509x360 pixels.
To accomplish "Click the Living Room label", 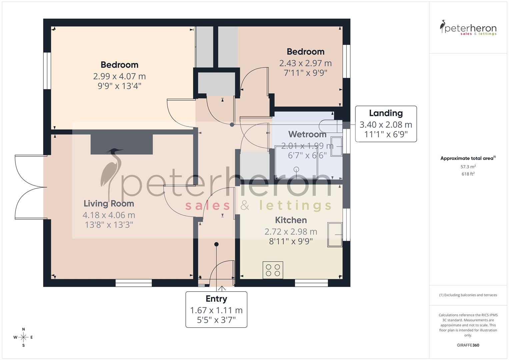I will coord(109,204).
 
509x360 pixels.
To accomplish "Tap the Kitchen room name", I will coord(291,220).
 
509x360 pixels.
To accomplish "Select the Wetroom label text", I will coord(307,134).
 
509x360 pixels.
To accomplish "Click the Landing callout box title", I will coord(386,113).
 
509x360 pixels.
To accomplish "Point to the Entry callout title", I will coord(216,299).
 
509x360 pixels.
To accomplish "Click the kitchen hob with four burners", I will coord(273,270).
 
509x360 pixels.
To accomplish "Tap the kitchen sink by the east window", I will coord(335,235).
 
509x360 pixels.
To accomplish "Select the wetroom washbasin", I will coord(336,146).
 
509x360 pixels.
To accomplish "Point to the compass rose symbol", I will coord(23,337).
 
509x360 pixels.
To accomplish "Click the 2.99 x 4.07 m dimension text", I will coord(119,76).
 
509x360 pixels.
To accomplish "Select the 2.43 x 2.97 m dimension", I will coord(305,63).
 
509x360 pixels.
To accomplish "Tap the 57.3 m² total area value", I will coord(468,167).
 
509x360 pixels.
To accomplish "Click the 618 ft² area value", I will coord(468,174).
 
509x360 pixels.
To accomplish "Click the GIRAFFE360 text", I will coord(468,345).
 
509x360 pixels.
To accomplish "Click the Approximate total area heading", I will coord(467,158).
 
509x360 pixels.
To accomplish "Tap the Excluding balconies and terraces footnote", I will coord(468,295).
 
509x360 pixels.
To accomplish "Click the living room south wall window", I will coord(134,283).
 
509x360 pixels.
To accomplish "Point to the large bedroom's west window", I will coord(47,71).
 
